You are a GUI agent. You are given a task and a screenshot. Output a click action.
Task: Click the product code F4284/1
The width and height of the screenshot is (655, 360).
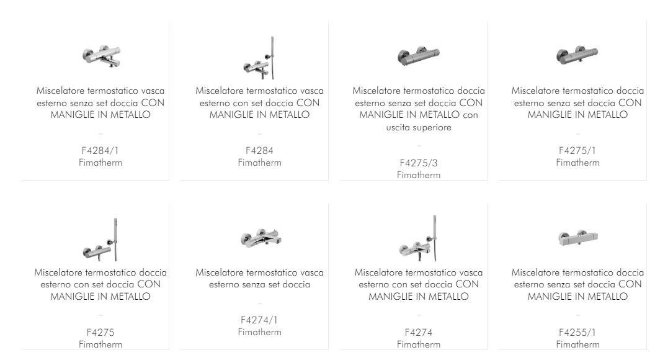click(100, 151)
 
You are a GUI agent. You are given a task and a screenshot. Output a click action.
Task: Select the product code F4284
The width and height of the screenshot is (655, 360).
click(259, 151)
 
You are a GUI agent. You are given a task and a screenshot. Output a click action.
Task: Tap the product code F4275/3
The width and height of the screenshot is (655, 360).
click(419, 163)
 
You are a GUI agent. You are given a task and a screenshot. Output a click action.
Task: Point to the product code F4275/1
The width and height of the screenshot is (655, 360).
click(577, 151)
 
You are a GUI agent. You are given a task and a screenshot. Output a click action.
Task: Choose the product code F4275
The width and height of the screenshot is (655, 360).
click(100, 333)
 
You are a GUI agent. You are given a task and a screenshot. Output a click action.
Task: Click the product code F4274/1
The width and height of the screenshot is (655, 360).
click(259, 320)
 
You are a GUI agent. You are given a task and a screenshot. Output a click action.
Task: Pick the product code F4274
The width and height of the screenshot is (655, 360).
click(419, 333)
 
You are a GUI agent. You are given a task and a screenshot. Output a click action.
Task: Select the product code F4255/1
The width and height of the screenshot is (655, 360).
click(577, 333)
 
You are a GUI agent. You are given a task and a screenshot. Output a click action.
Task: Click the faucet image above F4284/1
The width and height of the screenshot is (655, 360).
click(102, 57)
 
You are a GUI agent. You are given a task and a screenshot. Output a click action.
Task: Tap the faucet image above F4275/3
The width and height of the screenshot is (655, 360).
click(419, 56)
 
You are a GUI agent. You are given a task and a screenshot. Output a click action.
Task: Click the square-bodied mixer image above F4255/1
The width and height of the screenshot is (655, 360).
click(578, 238)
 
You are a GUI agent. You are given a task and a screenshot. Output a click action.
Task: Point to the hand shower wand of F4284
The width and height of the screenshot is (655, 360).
click(272, 58)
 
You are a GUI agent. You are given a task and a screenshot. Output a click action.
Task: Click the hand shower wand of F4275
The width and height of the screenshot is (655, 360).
click(115, 240)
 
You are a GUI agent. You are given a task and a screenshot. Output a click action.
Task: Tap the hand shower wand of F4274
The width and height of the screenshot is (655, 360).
click(434, 238)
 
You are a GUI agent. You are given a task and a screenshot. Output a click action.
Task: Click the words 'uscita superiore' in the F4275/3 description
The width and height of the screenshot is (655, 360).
click(419, 127)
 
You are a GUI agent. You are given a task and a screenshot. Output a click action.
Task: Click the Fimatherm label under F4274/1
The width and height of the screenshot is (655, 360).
click(259, 332)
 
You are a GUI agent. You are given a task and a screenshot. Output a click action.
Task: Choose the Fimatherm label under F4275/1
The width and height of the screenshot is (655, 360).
click(577, 163)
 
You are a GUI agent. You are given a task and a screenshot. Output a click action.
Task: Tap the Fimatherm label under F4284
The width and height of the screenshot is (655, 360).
click(259, 163)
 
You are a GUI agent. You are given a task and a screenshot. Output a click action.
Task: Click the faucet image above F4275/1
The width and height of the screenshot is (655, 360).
click(577, 55)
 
